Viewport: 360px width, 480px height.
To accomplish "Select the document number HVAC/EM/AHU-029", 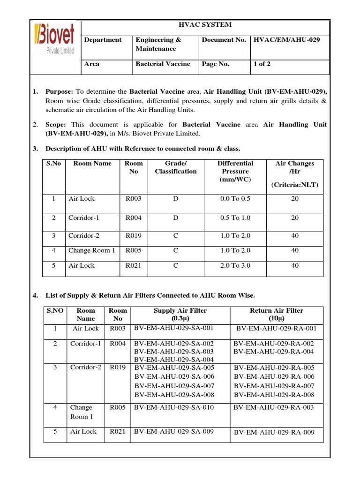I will (x=286, y=40).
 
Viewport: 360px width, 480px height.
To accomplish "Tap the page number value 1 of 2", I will (x=262, y=64).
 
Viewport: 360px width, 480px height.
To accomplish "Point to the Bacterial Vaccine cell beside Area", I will (x=163, y=64).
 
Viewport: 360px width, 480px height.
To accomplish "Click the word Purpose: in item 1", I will (x=59, y=91).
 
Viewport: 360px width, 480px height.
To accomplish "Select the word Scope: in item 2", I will (x=56, y=125).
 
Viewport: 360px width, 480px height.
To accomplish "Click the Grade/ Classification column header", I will (x=176, y=167).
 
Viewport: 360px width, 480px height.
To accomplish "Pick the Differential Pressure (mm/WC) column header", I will (x=235, y=171).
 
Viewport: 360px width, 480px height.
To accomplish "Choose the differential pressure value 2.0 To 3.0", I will (x=235, y=265).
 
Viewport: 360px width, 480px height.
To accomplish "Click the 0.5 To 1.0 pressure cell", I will (x=235, y=217).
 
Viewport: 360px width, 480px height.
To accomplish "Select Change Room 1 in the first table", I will (x=91, y=250).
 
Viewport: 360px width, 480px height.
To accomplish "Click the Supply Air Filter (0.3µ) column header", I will (x=180, y=314).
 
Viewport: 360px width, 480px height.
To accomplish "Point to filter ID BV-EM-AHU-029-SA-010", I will (x=174, y=407).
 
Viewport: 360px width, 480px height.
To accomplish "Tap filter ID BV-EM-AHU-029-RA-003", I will (x=274, y=407).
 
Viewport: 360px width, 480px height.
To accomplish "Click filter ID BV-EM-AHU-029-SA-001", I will (x=174, y=328).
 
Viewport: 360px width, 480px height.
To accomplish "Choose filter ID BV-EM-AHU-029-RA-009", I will (x=274, y=432).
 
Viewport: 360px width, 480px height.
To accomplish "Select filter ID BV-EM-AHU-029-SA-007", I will (x=174, y=386).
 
